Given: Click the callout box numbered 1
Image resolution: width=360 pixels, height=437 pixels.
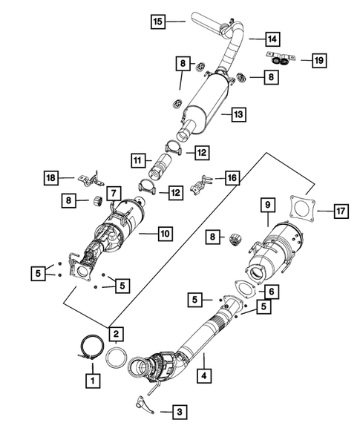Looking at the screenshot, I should tap(93, 381).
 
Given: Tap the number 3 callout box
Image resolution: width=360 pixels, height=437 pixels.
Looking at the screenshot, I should tap(178, 410).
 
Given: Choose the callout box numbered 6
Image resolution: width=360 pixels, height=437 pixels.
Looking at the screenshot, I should tap(272, 292).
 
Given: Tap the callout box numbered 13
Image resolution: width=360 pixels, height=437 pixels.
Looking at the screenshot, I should tap(239, 115).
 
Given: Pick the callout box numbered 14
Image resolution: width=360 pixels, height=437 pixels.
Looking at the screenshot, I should tap(253, 37).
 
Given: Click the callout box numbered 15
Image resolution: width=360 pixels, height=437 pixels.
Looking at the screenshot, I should tap(157, 22).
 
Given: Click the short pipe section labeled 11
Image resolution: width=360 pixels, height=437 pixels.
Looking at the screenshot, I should tap(163, 160).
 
